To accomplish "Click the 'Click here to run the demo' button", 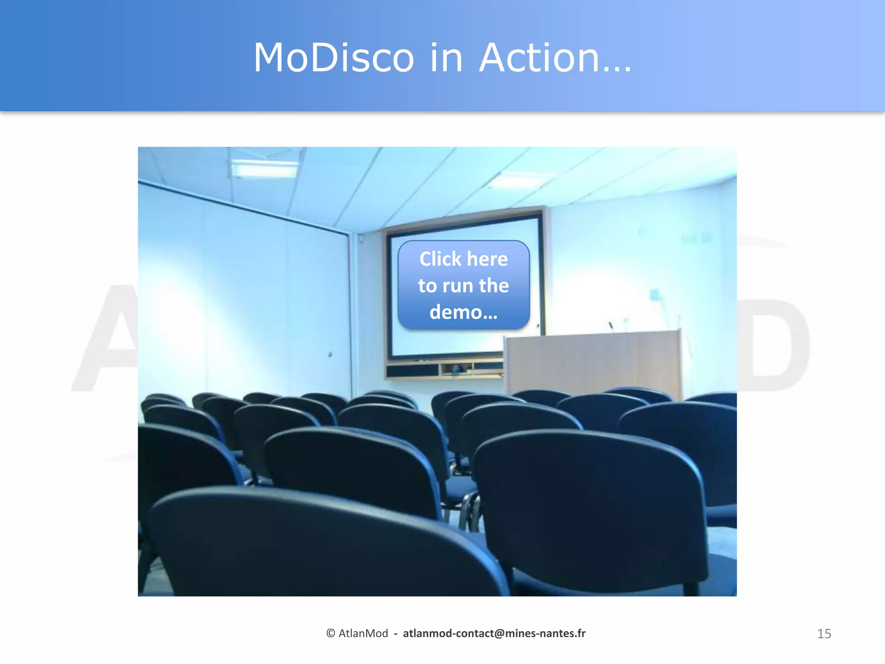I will coord(463,285).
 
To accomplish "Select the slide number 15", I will coord(824,634).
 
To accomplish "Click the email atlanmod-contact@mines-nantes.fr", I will coord(494,633).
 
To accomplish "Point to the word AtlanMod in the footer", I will coord(363,633).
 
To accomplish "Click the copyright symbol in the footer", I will coord(331,633).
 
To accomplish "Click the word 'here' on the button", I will coord(487,259).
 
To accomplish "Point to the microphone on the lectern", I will coord(611,325).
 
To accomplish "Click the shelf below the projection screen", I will coord(445,370).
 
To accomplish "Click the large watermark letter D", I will coord(774,346).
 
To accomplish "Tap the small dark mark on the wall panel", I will coord(330,355).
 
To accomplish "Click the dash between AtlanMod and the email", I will coord(395,634).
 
